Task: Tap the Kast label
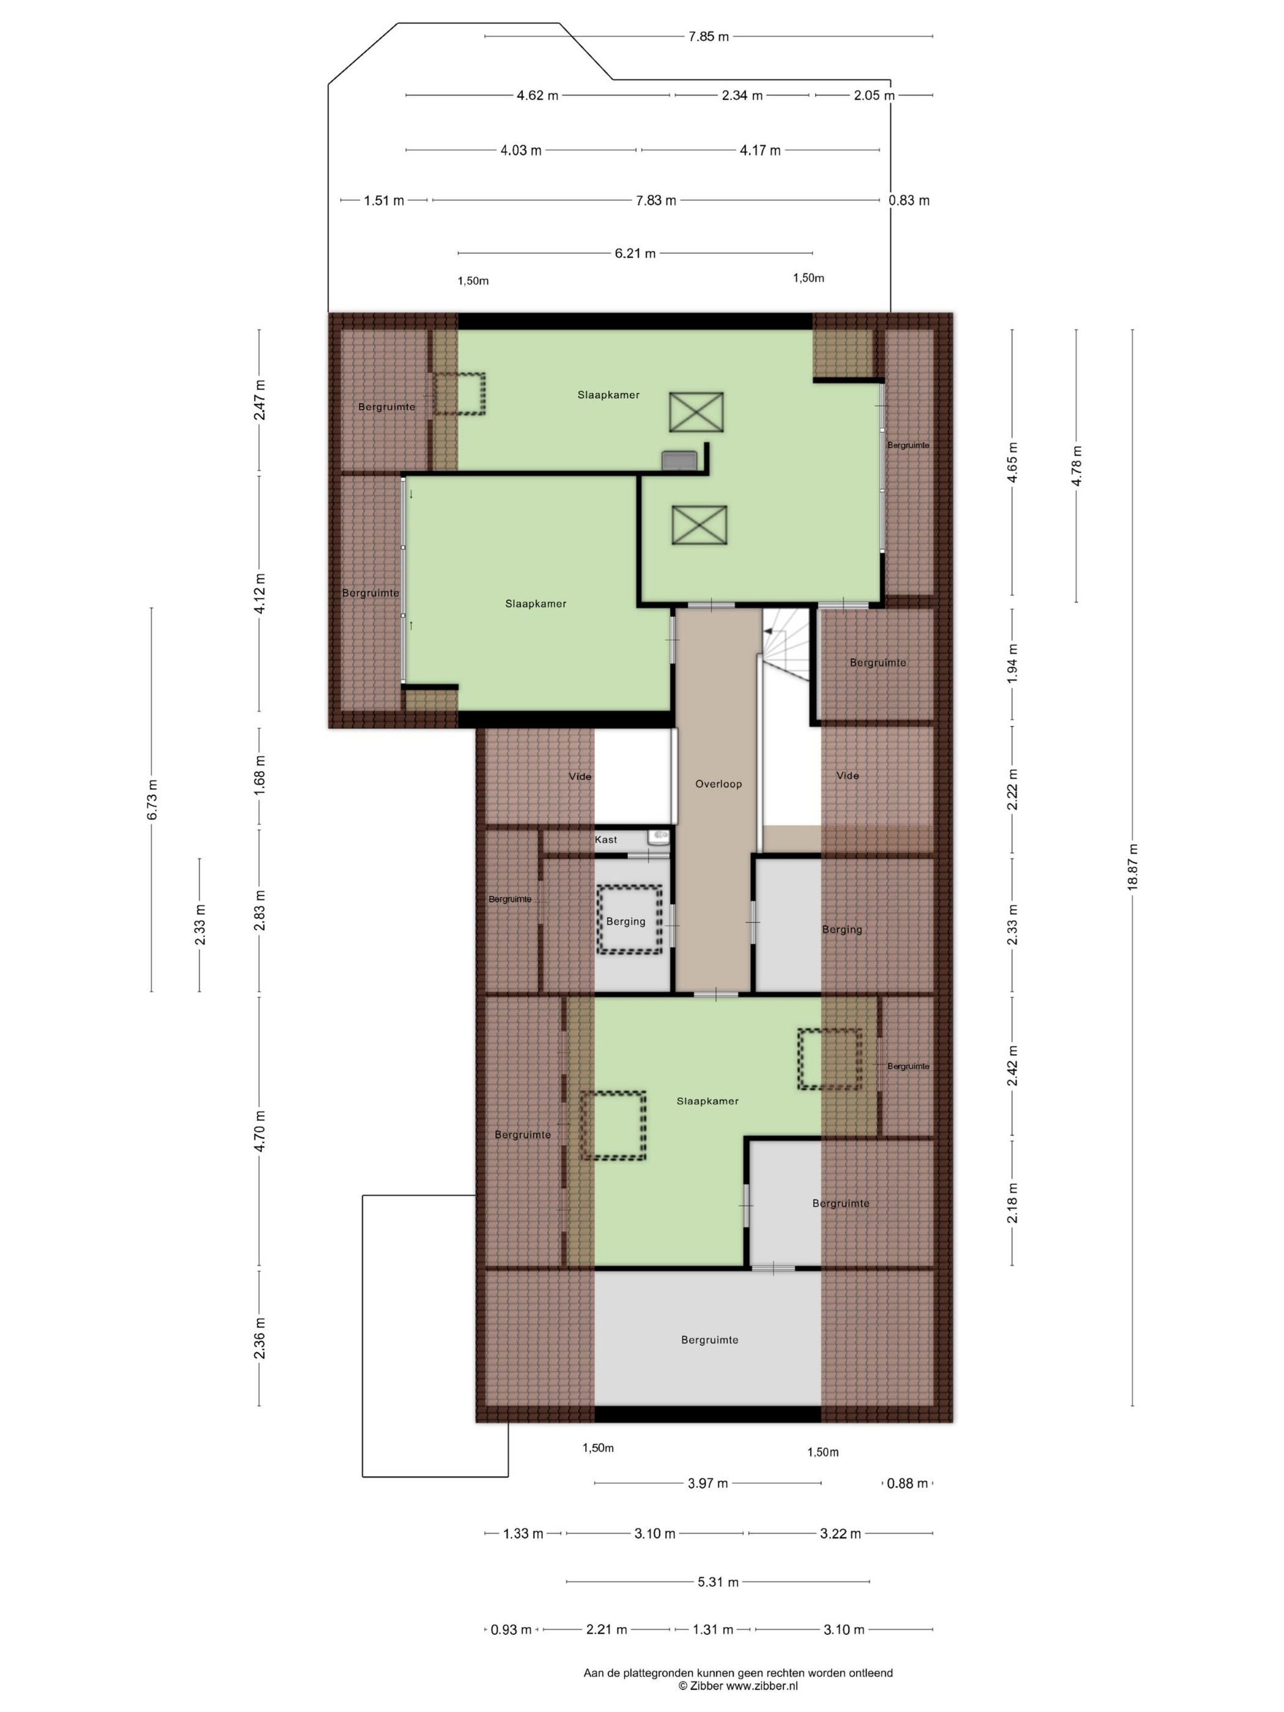(606, 839)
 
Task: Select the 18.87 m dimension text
(1132, 868)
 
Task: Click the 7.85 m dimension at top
(709, 36)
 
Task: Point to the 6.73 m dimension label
(152, 800)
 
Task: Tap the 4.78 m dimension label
(1076, 467)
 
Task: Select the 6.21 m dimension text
(635, 253)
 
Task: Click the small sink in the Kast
(659, 836)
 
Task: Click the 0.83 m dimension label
(909, 201)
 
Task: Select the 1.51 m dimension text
(384, 201)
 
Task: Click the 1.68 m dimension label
(260, 778)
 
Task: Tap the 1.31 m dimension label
(713, 1630)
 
